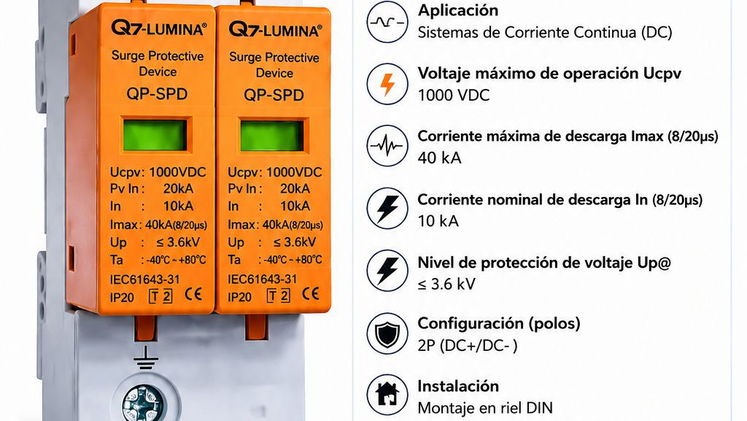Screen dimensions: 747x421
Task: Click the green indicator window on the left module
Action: point(155,135)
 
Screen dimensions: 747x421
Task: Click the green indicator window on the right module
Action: point(272,136)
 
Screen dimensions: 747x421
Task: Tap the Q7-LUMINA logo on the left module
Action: point(159,28)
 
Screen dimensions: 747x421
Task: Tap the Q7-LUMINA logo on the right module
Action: point(275,30)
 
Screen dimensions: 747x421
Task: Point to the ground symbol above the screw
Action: point(145,358)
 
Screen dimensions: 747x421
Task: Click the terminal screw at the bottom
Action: point(145,403)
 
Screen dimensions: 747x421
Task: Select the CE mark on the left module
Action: point(193,294)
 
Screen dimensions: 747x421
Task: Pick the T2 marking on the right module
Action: point(278,296)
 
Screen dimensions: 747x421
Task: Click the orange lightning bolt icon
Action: point(387,84)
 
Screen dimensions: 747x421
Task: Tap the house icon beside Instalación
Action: point(387,394)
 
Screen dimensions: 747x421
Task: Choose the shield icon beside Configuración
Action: point(387,333)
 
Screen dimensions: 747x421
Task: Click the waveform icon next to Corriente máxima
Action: point(387,146)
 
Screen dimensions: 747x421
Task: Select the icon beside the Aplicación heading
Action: point(387,22)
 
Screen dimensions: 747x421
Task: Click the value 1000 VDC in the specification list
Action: point(454,95)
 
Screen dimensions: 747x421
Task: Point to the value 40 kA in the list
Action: point(439,158)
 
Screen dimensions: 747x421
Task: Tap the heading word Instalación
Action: point(458,386)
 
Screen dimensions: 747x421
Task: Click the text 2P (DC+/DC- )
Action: point(467,345)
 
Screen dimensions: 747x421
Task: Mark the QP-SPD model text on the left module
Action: point(157,94)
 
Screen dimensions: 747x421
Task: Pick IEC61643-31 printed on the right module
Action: point(262,279)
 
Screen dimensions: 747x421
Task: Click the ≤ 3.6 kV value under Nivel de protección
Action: point(446,284)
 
